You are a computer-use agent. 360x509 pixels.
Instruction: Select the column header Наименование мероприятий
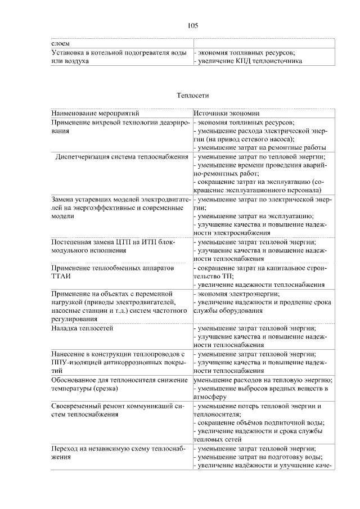pos(92,112)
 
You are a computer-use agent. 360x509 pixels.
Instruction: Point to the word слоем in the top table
pos(61,43)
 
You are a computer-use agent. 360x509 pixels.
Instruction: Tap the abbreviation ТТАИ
pos(62,277)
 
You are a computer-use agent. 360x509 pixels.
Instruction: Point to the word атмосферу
pos(212,396)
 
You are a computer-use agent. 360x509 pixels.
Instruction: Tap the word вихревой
pos(110,122)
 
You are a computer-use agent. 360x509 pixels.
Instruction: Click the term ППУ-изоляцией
pos(73,363)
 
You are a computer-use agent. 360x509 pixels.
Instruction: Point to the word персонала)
pos(304,190)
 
